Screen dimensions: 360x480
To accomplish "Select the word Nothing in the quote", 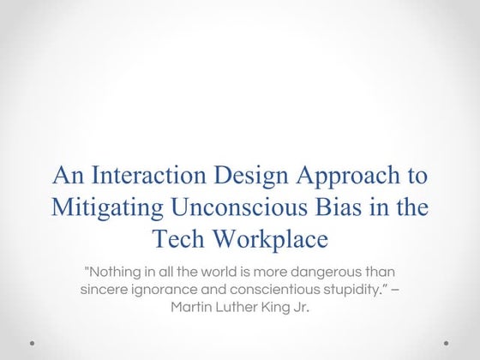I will [115, 271].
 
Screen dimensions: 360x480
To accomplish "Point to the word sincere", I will [105, 289].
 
